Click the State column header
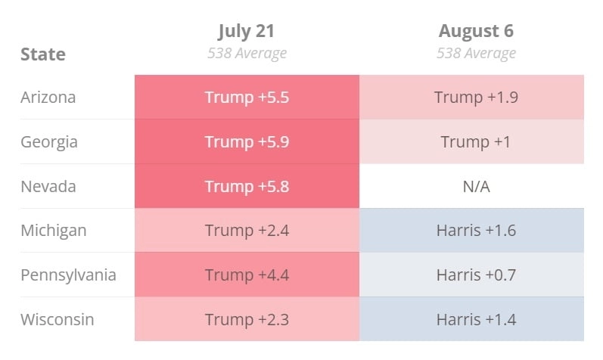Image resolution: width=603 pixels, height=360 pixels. pos(43,54)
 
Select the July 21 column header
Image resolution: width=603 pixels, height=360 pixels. pos(247,31)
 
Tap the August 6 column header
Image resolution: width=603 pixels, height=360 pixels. pos(476,31)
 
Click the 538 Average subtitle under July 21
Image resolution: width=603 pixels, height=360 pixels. pos(247,54)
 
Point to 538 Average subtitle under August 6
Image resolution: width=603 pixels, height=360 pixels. pos(476,54)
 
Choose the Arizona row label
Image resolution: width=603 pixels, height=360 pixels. pos(48,98)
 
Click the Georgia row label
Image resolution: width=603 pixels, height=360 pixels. pos(49,141)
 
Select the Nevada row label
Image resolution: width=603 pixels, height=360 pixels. pos(48,186)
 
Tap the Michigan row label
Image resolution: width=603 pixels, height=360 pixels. pos(53,230)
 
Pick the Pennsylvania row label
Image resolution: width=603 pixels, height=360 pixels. pos(68,275)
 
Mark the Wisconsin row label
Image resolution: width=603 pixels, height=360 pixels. pos(58,319)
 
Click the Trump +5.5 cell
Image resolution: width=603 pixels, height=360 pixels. pos(247,98)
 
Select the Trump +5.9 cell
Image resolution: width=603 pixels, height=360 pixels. pos(247,141)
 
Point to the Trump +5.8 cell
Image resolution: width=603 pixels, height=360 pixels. pos(247,186)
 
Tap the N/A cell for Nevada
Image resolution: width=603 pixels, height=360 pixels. pos(476,186)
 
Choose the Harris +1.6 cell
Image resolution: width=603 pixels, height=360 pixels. pos(476,230)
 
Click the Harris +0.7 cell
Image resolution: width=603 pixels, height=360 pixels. pos(476,275)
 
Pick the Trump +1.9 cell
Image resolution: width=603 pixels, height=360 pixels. pos(476,98)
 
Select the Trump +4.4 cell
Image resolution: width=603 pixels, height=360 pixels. pos(247,275)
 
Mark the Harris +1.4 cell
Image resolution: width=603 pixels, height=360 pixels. pos(476,319)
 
